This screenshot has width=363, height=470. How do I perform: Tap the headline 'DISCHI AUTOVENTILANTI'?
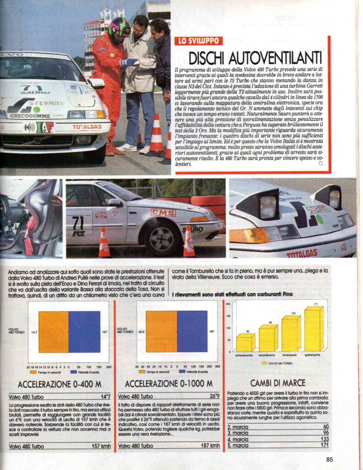(x=255, y=58)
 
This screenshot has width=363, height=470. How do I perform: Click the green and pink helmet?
(x=119, y=27)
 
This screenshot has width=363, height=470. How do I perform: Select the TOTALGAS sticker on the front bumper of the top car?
(x=87, y=126)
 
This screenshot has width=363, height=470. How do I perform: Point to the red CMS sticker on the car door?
(x=163, y=213)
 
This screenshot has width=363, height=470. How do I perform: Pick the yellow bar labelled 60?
(x=245, y=342)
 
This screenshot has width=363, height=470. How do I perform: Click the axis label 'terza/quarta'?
(x=290, y=355)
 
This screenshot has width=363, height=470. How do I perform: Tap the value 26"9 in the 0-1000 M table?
(x=212, y=396)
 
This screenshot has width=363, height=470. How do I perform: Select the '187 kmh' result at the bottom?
(x=208, y=445)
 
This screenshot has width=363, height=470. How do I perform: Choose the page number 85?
(x=329, y=459)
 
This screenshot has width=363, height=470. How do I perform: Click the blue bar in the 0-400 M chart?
(x=84, y=332)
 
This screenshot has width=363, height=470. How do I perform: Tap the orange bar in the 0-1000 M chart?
(x=162, y=332)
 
